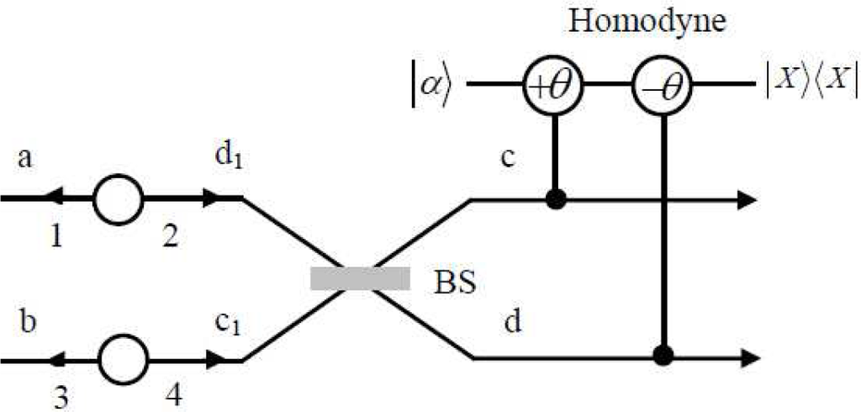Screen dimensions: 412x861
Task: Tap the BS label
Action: click(x=455, y=281)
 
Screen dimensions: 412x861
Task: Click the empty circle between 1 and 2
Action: click(x=119, y=199)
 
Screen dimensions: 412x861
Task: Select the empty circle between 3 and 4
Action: click(x=123, y=360)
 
